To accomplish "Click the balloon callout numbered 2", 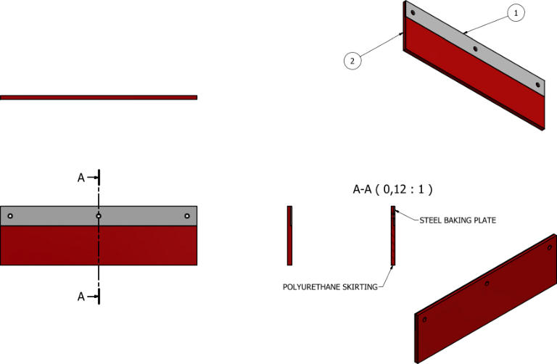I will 352,61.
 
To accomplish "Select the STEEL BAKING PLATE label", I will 458,220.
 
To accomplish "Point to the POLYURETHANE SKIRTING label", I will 330,287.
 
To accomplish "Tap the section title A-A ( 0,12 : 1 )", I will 392,190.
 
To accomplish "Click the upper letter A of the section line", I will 81,177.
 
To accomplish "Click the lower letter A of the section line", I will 81,296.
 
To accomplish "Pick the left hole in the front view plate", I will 10,216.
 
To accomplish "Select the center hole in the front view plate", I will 99,216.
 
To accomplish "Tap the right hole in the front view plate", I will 187,216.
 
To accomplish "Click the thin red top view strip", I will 99,97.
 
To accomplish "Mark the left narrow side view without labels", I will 289,236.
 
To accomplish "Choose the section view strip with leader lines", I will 393,236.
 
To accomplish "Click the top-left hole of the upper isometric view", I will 412,13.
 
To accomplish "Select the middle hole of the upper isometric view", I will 475,49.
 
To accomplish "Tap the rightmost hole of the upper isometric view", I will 538,85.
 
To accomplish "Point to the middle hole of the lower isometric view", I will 487,284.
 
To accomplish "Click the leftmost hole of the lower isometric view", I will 424,319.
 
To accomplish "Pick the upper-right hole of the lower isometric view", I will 550,248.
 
